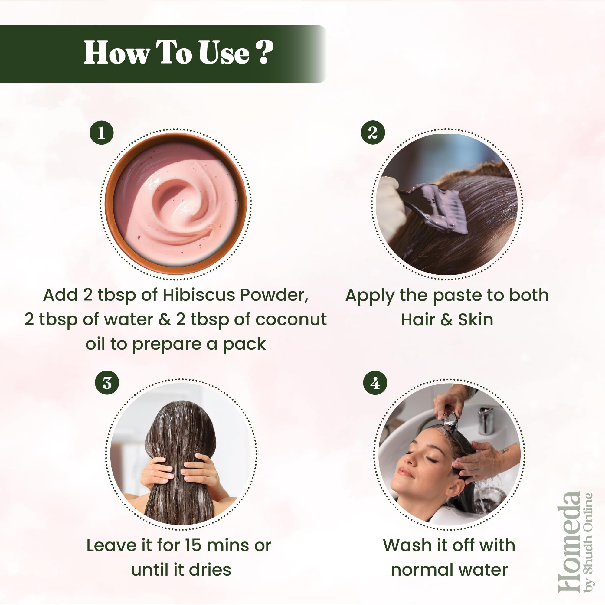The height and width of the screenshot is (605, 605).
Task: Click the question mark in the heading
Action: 264,52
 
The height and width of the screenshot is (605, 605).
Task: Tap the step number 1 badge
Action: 101,132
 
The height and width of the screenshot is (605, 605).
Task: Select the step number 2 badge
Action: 373,132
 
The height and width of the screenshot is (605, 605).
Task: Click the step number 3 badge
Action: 107,383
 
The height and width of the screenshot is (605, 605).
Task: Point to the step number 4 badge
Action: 375,383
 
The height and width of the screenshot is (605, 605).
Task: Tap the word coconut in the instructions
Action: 291,320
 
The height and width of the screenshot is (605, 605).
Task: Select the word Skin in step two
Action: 475,320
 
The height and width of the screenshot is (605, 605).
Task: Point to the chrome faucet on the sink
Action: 486,420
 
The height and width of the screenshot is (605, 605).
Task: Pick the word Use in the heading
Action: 224,53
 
